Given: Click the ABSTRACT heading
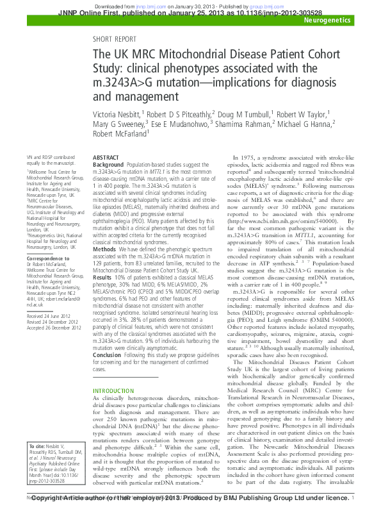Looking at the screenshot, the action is coord(106,157).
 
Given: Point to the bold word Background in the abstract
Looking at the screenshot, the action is coord(109,165).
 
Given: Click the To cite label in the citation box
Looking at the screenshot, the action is coord(38,445).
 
